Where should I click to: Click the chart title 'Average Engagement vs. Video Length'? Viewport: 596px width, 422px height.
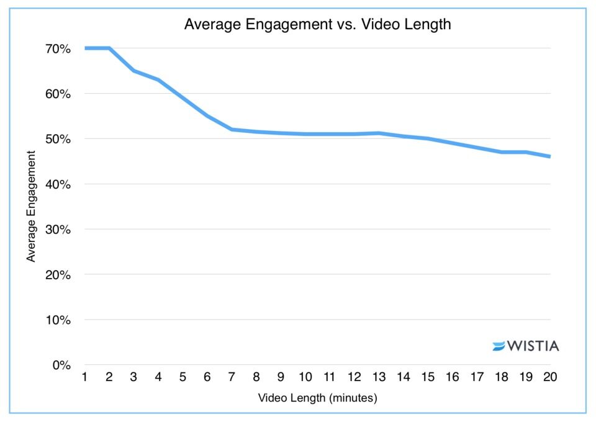pyautogui.click(x=317, y=25)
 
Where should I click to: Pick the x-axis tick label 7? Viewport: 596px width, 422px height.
pyautogui.click(x=231, y=378)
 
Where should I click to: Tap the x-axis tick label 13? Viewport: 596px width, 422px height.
pyautogui.click(x=378, y=378)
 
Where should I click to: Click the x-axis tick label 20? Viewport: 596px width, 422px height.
pyautogui.click(x=550, y=378)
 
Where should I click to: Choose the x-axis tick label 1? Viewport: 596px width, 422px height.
pyautogui.click(x=84, y=378)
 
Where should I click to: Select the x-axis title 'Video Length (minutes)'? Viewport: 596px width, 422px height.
pyautogui.click(x=317, y=398)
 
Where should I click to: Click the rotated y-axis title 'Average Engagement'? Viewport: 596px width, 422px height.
pyautogui.click(x=31, y=207)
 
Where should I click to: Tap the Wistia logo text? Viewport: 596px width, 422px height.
pyautogui.click(x=533, y=346)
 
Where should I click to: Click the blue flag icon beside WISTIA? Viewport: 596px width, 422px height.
pyautogui.click(x=499, y=346)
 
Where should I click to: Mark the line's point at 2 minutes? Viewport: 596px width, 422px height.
pyautogui.click(x=109, y=48)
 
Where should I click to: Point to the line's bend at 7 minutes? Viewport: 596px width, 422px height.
pyautogui.click(x=231, y=129)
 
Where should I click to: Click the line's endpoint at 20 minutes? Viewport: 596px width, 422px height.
pyautogui.click(x=549, y=156)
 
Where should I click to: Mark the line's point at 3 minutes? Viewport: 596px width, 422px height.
pyautogui.click(x=133, y=71)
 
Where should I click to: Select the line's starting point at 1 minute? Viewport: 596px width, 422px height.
pyautogui.click(x=85, y=48)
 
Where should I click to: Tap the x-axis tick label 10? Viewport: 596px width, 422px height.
pyautogui.click(x=305, y=378)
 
